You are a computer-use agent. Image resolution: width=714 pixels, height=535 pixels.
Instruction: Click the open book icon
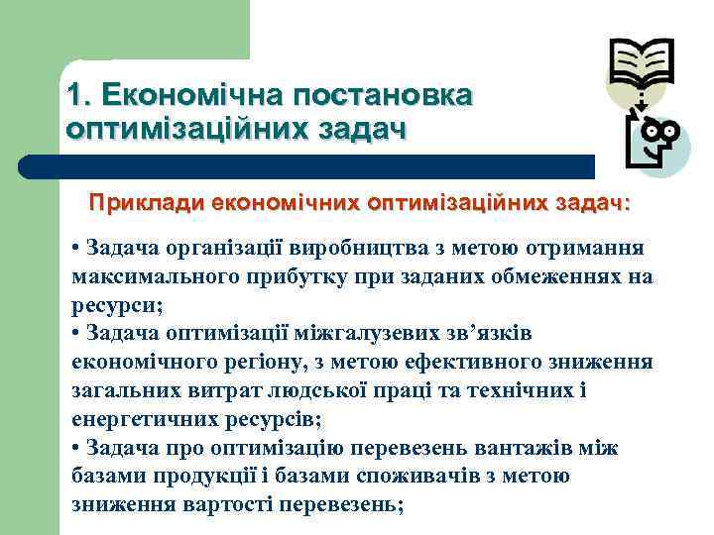(x=641, y=65)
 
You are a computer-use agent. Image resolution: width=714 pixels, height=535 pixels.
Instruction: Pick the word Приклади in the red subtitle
(x=147, y=203)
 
